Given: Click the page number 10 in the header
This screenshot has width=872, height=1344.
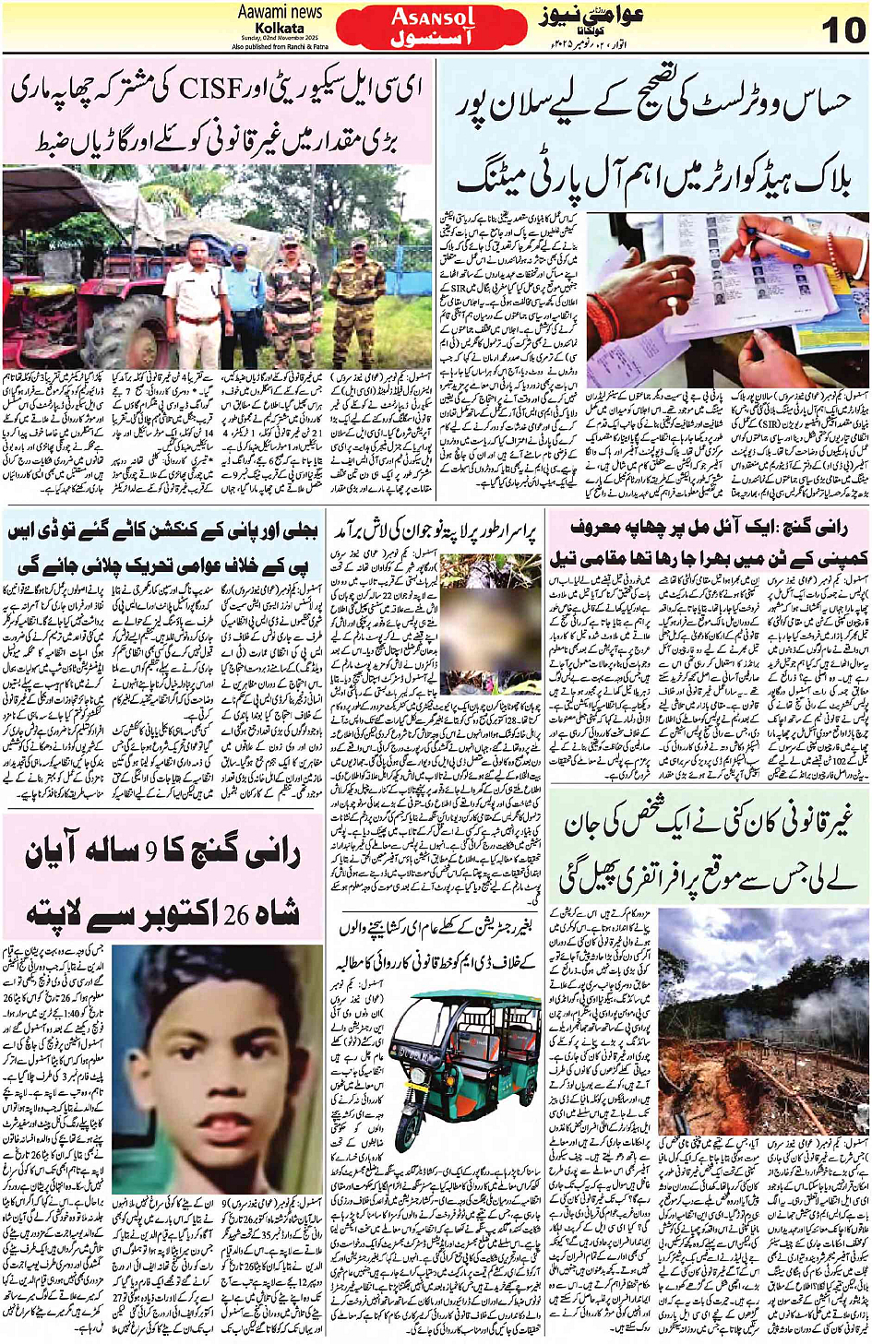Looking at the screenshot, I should (x=842, y=30).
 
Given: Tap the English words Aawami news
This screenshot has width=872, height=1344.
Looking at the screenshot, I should (x=280, y=12).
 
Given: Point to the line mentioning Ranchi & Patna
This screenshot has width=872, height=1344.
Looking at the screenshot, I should (x=280, y=45).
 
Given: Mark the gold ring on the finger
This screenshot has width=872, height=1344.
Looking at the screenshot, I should (x=673, y=275).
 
